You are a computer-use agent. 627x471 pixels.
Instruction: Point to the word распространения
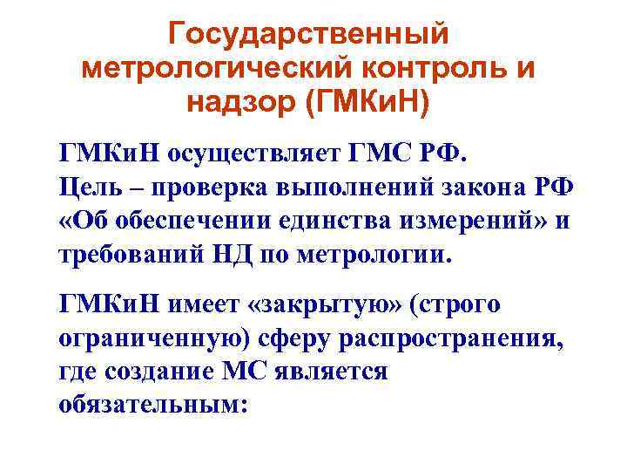coord(439,339)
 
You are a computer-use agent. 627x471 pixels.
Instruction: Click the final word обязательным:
coord(153,406)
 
